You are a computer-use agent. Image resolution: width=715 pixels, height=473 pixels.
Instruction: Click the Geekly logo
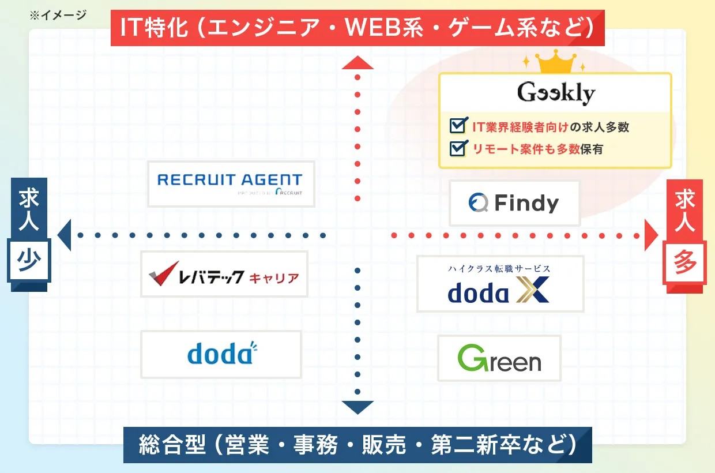(x=556, y=93)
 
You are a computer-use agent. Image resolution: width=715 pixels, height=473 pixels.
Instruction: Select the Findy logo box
(x=514, y=203)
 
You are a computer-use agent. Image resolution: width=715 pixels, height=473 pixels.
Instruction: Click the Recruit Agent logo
(x=231, y=183)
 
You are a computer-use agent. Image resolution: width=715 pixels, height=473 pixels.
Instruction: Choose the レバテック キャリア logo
(x=224, y=274)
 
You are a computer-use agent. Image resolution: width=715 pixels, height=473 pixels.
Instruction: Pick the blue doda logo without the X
(x=221, y=354)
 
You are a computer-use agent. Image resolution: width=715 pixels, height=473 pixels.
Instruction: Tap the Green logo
(x=499, y=358)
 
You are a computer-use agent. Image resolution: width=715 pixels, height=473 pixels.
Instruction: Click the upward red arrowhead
(x=357, y=62)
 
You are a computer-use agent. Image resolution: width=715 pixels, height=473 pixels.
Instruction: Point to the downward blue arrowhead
(x=357, y=407)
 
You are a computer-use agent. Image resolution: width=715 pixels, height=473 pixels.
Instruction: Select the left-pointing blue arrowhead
(x=64, y=235)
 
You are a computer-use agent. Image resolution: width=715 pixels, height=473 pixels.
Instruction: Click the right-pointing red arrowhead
(x=651, y=235)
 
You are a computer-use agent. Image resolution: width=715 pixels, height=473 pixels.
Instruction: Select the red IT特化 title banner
(x=357, y=28)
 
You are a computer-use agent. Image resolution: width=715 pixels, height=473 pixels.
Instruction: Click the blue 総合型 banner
(x=357, y=445)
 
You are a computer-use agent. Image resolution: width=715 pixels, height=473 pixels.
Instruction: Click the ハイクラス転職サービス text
(x=499, y=268)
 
